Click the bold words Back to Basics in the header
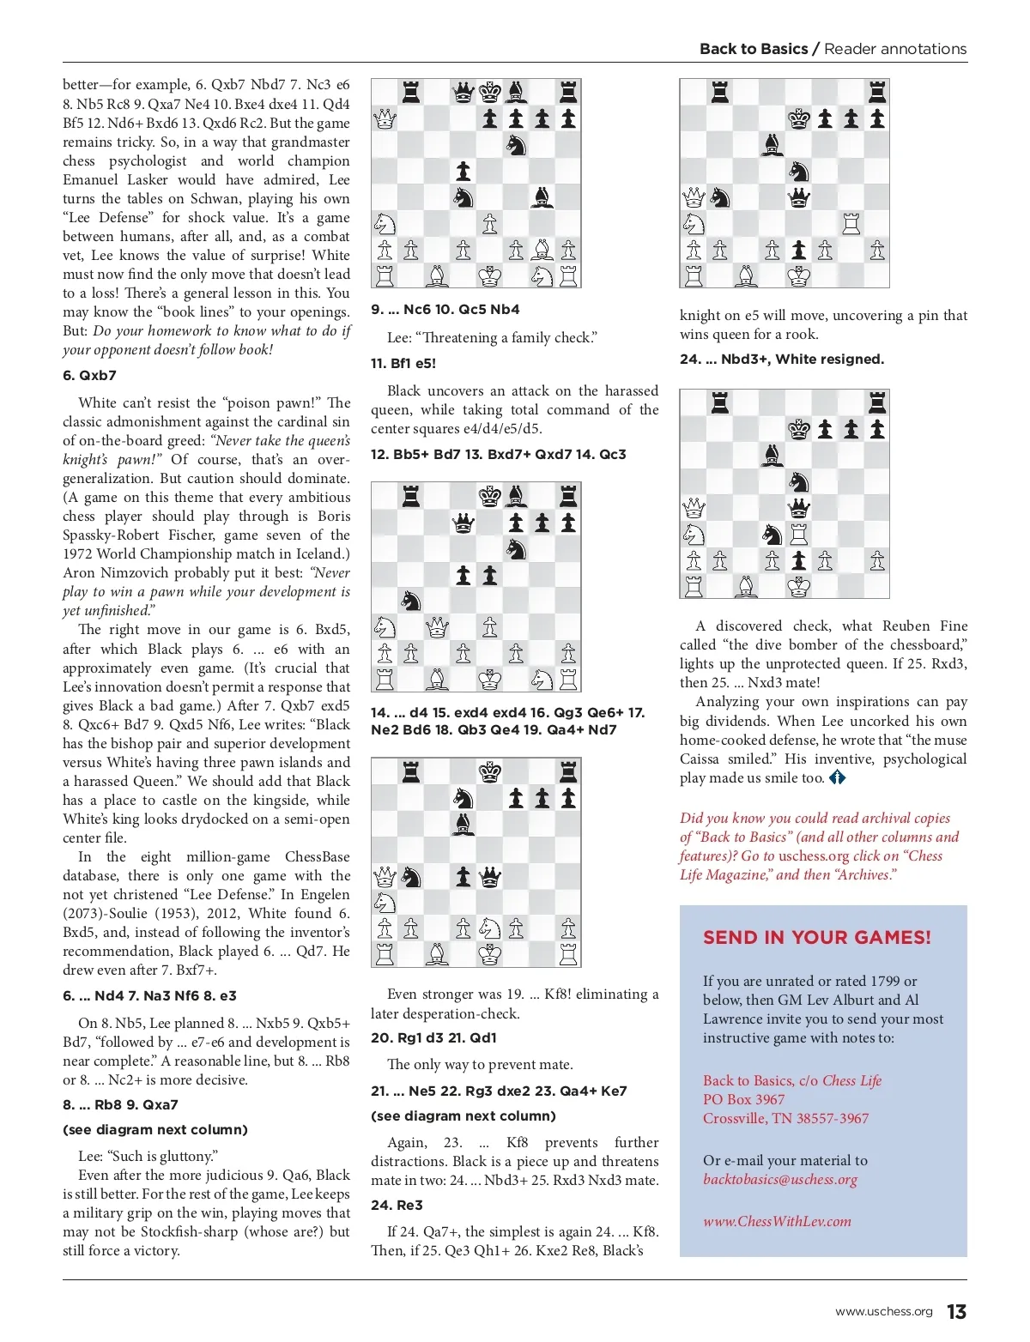(753, 49)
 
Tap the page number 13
(956, 1312)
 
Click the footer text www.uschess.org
(883, 1312)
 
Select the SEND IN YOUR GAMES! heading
(816, 937)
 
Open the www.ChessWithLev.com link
(777, 1221)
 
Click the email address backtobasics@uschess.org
(779, 1179)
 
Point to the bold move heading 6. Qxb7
(89, 375)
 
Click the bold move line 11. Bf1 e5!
(403, 363)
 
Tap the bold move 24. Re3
(397, 1205)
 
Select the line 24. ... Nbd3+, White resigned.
(781, 359)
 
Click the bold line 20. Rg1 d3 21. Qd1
(433, 1037)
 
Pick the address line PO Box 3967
(743, 1099)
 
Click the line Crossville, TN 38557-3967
(785, 1118)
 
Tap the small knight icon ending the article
(837, 777)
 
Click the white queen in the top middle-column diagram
(385, 119)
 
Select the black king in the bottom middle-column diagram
(490, 772)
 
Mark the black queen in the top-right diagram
(799, 198)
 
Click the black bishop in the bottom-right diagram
(772, 455)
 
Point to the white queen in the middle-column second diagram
(437, 627)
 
